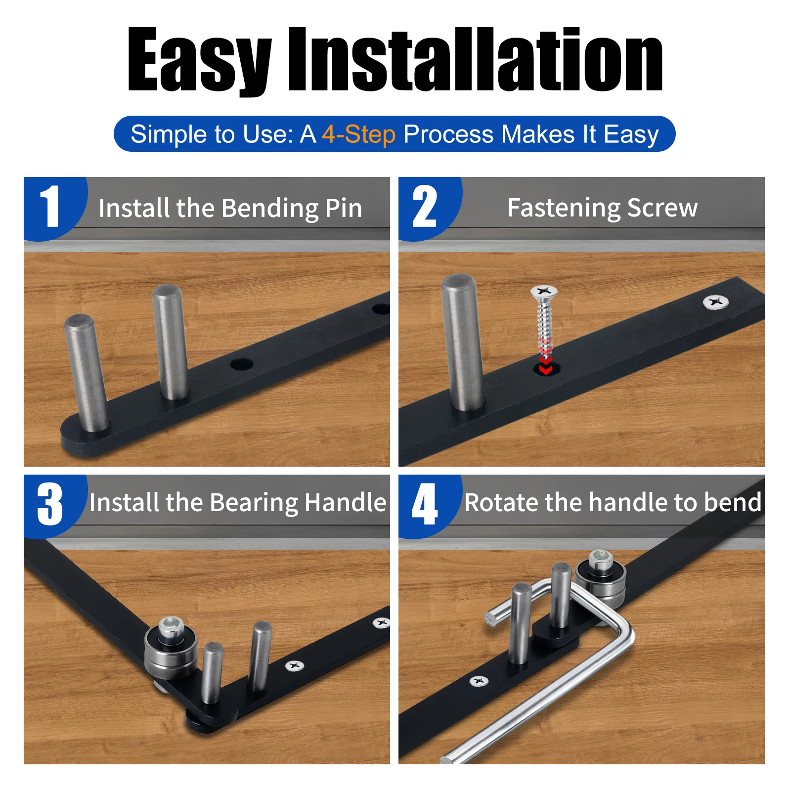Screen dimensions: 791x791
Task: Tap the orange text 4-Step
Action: coord(359,134)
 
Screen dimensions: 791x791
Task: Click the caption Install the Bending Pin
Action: coord(230,208)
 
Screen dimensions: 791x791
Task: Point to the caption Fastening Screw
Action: coord(603,208)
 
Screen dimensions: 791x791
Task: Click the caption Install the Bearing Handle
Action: coord(238,503)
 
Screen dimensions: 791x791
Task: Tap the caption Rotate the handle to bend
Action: coord(613,502)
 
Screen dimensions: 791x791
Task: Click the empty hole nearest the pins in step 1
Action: coord(241,365)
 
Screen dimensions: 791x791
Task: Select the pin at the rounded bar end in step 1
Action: coord(87,373)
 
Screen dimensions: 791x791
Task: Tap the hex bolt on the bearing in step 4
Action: coord(601,559)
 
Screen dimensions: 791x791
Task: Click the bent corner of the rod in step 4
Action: coord(622,625)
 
